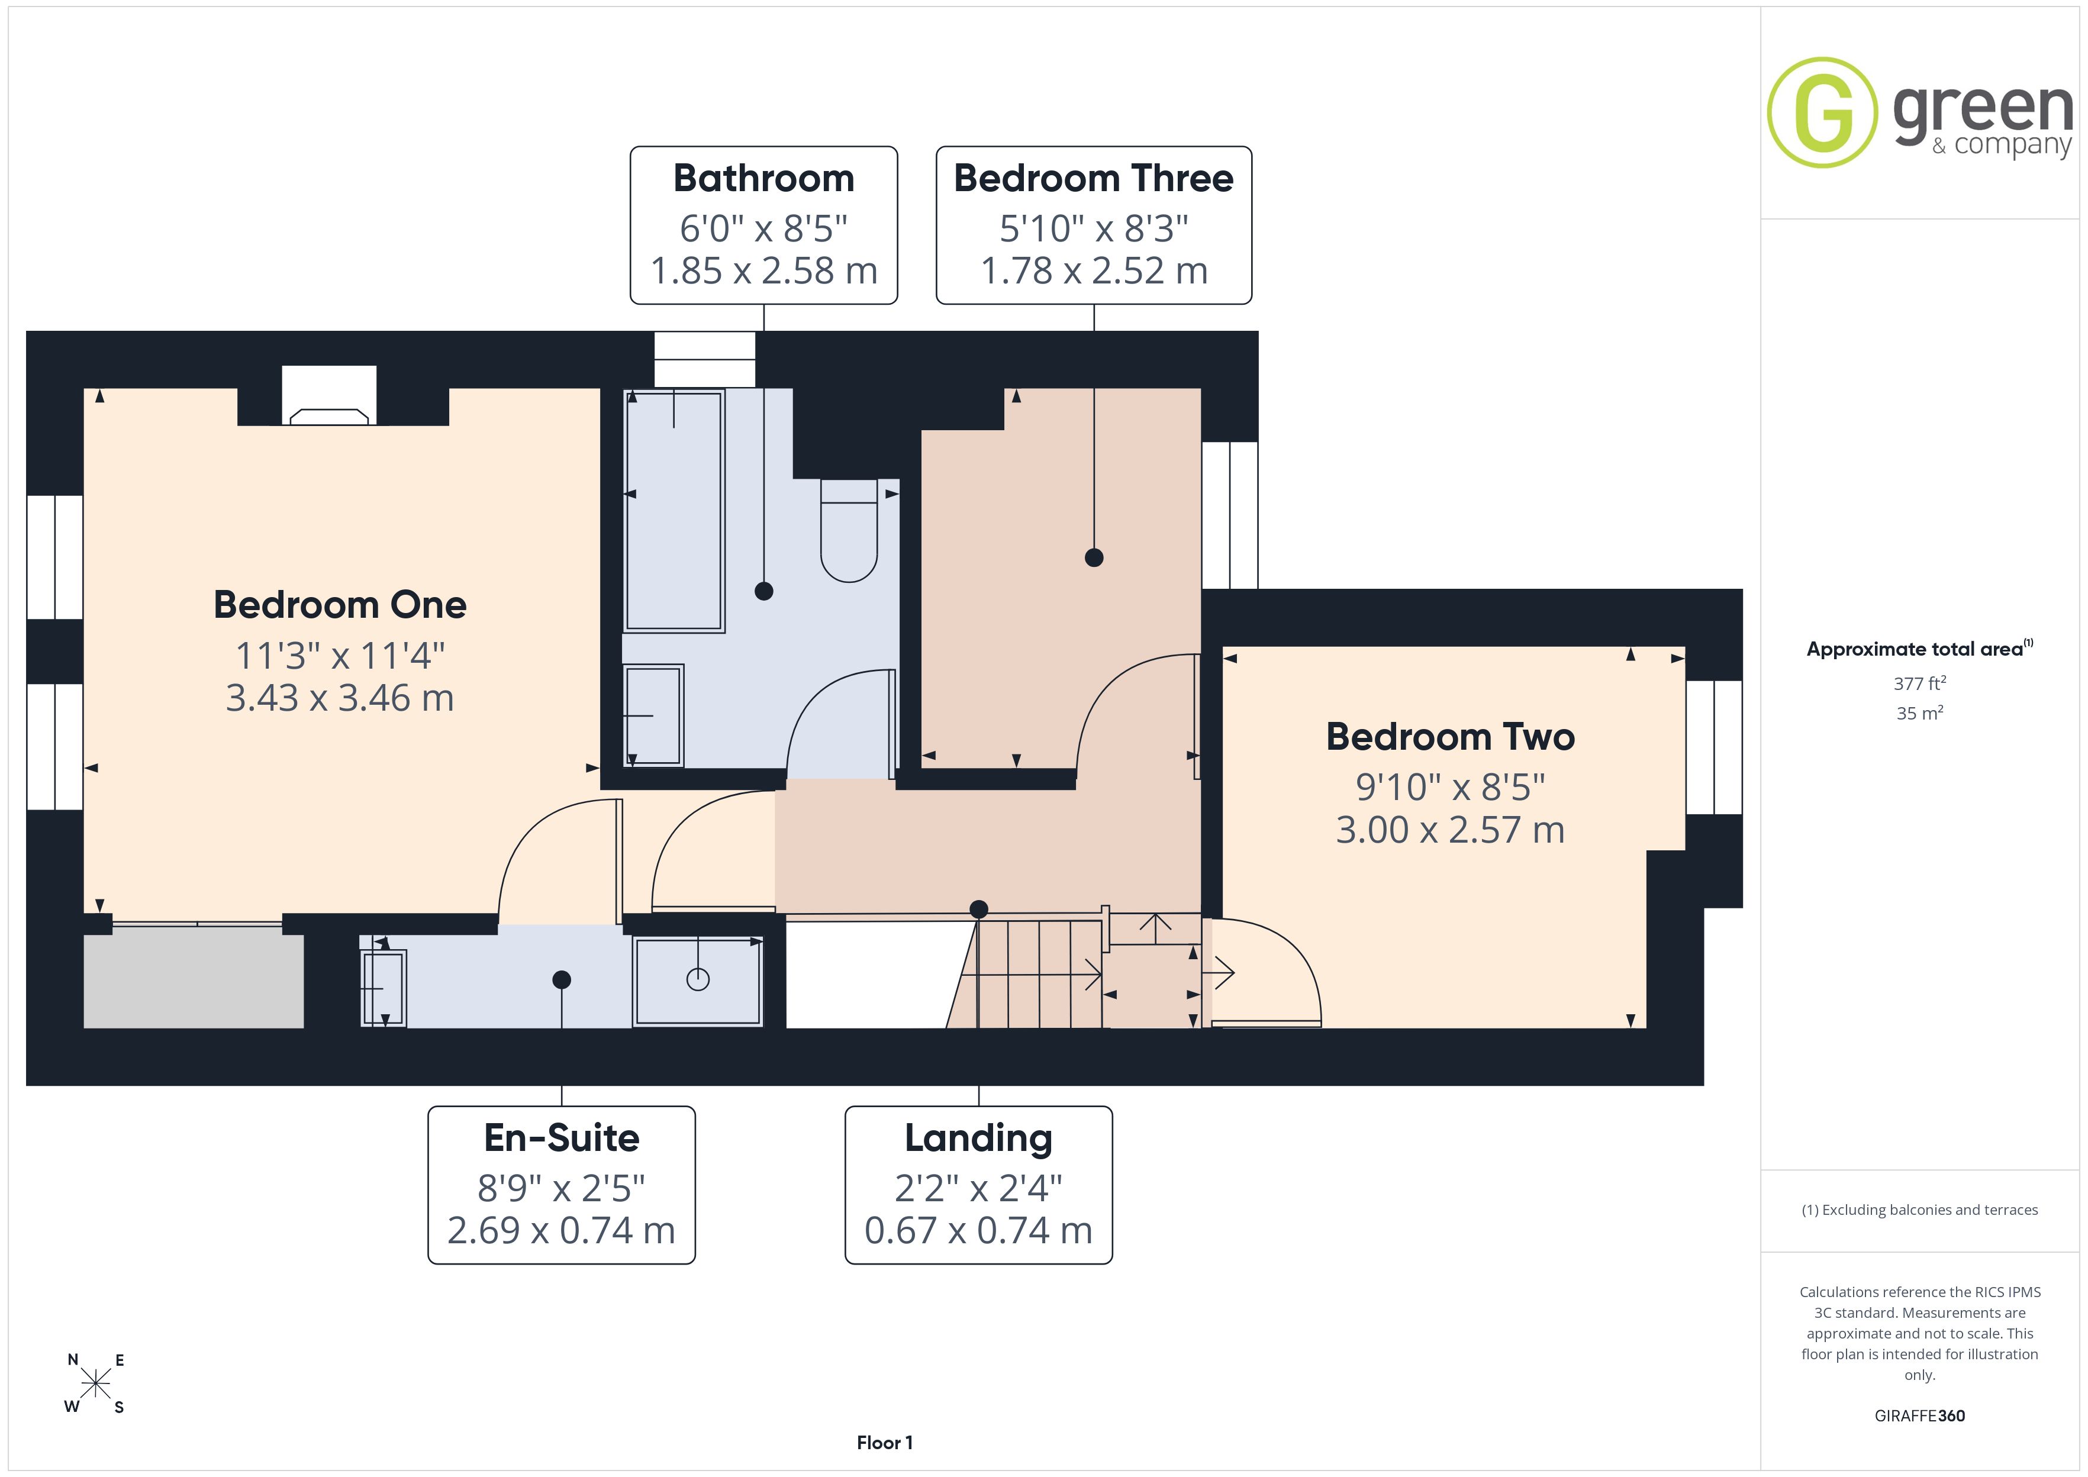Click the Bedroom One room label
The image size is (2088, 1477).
340,605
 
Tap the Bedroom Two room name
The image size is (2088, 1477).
1451,737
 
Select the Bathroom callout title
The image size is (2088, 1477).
764,178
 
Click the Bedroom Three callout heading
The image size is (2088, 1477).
1094,178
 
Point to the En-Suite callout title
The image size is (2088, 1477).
562,1138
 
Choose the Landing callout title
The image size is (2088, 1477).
978,1139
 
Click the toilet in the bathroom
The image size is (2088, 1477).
849,530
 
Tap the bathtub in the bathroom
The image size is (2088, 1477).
674,510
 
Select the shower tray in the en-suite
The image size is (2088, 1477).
698,981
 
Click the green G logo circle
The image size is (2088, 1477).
1822,113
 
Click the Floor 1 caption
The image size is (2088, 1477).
884,1443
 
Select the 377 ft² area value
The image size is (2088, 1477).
1920,683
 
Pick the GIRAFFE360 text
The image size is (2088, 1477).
1920,1416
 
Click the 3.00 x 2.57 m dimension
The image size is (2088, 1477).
1451,830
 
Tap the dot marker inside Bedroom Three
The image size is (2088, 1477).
1094,557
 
